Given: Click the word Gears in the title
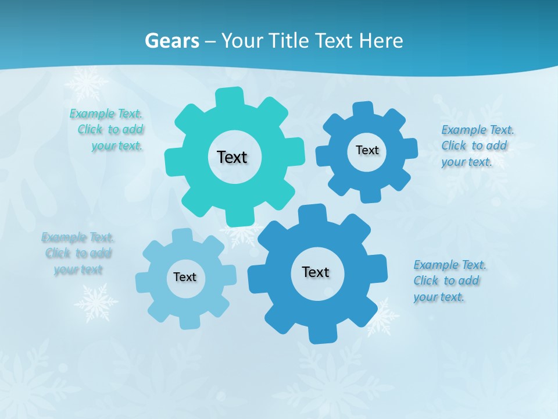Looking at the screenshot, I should (171, 41).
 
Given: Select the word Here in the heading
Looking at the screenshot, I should (381, 41).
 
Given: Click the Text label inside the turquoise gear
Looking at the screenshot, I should (232, 157).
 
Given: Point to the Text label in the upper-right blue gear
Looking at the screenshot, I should (367, 150).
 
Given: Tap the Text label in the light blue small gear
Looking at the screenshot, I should (185, 277).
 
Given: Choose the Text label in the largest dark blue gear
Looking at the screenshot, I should (316, 272).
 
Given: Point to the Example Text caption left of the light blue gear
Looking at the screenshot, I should (78, 253).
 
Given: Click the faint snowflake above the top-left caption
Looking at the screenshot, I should (86, 83).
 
